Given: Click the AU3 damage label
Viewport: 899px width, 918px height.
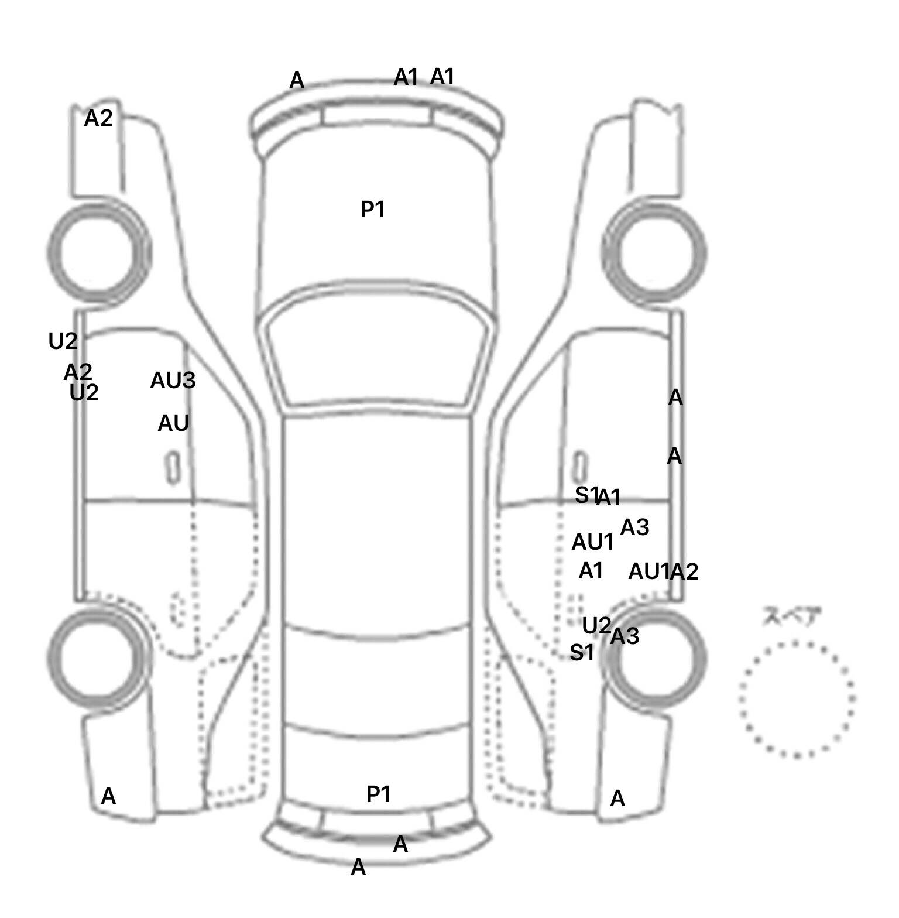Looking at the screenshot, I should click(x=173, y=381).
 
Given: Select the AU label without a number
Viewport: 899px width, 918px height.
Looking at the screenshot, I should click(x=173, y=423).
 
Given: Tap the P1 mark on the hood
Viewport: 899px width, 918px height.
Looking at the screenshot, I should click(x=372, y=209).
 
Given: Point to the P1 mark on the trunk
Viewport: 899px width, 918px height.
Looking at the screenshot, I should click(x=378, y=794).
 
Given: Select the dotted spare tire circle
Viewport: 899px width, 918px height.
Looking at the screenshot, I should click(x=797, y=699).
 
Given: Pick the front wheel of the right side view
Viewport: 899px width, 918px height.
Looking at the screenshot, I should click(x=654, y=254).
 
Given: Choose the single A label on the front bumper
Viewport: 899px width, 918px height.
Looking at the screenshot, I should click(x=297, y=80).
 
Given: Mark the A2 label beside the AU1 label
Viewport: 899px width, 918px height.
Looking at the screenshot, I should click(x=684, y=572).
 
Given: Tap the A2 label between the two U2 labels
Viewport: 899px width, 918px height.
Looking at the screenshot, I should click(x=78, y=372).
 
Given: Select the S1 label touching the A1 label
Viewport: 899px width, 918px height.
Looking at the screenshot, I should click(x=586, y=495).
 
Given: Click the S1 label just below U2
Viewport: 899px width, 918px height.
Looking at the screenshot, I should click(x=582, y=652).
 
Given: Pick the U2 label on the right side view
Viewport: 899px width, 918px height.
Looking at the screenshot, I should click(x=596, y=626).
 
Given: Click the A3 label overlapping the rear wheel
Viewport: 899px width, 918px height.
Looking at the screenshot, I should click(x=625, y=636).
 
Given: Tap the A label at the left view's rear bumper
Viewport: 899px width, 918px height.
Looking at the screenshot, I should click(x=108, y=796).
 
